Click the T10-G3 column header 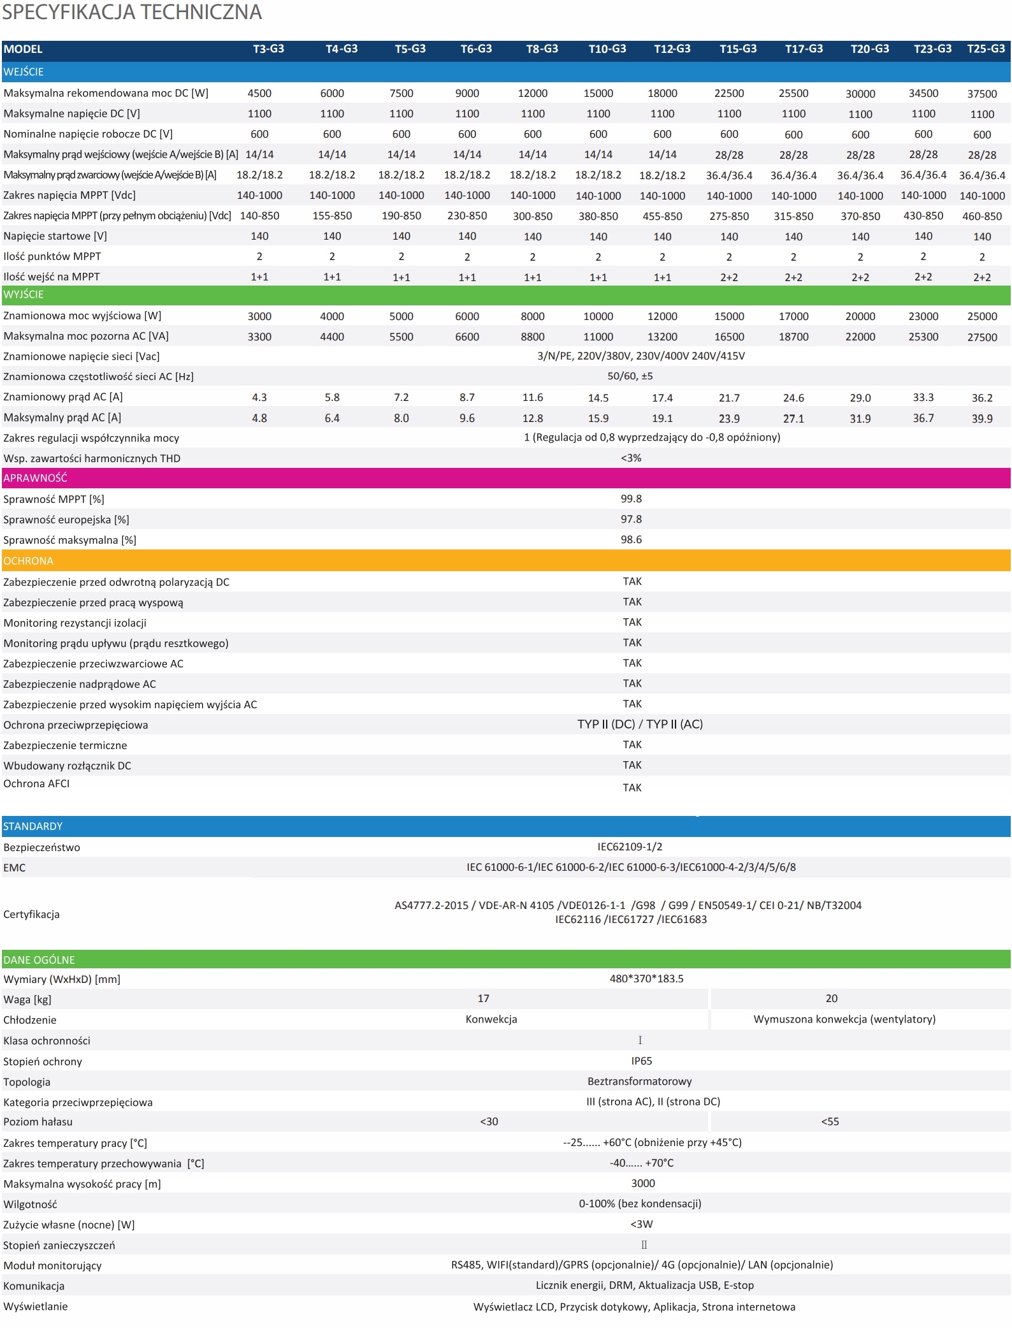pos(607,49)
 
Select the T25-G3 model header pos(985,49)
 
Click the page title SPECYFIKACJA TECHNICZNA pos(132,12)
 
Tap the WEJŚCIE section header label pos(24,72)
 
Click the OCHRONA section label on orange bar pos(29,561)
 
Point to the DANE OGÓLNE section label pos(39,960)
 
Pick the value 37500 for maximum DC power pos(981,94)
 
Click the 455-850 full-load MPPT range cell pos(662,216)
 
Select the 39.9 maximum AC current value pos(981,419)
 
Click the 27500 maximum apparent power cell pos(981,337)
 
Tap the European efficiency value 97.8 pos(631,520)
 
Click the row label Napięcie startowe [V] pos(55,236)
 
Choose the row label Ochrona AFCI pos(36,784)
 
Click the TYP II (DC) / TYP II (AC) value pos(640,724)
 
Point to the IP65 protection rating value pos(641,1061)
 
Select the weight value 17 pos(483,999)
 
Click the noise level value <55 pos(830,1122)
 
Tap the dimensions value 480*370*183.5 pos(646,978)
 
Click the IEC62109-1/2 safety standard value pos(630,847)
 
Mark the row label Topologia pos(27,1082)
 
